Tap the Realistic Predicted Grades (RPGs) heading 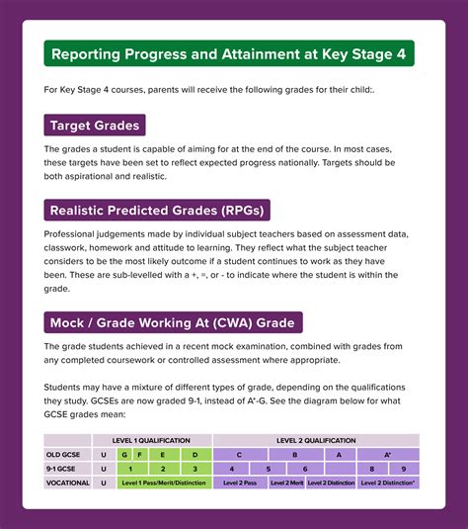158,210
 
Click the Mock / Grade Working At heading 174,322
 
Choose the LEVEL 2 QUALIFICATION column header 316,440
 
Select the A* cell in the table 388,454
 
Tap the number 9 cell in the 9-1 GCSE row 403,469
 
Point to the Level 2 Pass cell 240,483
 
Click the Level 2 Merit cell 285,483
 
